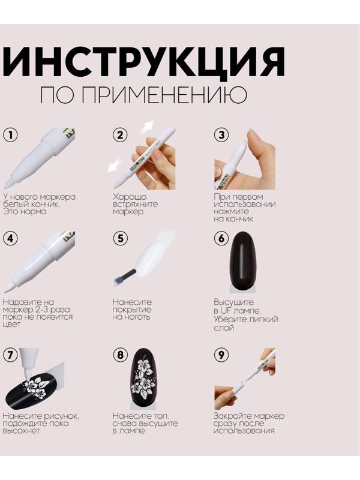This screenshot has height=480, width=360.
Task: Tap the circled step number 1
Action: click(x=10, y=134)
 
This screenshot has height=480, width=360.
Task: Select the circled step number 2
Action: click(x=120, y=135)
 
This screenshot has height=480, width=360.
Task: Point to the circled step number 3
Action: click(x=221, y=135)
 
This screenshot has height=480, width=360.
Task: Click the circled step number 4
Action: click(x=10, y=238)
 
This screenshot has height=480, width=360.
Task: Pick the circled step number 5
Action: click(x=120, y=238)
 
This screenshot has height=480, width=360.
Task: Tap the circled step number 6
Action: click(x=221, y=238)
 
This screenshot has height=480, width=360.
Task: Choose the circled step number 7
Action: click(x=10, y=355)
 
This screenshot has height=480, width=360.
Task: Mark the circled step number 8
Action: click(x=120, y=355)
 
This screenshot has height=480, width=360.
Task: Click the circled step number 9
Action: click(x=221, y=355)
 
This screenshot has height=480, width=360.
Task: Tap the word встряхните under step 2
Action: click(x=134, y=205)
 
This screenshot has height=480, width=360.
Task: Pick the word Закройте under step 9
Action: click(x=230, y=416)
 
